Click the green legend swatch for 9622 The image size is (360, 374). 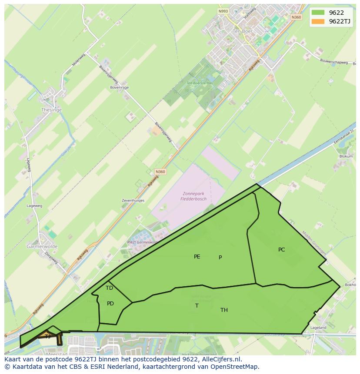coord(318,13)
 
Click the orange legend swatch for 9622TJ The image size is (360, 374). coord(318,21)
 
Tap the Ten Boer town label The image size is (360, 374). coord(242,32)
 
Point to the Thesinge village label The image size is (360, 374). coord(51,110)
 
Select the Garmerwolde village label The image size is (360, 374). coord(42,246)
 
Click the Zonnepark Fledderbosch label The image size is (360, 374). coord(193,196)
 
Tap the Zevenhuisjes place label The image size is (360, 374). coord(133,201)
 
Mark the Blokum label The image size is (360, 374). coord(346,156)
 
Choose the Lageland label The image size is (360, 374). coord(318,328)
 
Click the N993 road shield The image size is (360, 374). coord(223,11)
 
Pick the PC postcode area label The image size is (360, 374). coord(281,250)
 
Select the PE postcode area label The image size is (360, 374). coord(197,257)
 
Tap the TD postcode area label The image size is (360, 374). coord(109,288)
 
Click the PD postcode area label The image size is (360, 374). coord(110,304)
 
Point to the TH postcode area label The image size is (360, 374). coord(224,310)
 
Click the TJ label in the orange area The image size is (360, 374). coord(47,336)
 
